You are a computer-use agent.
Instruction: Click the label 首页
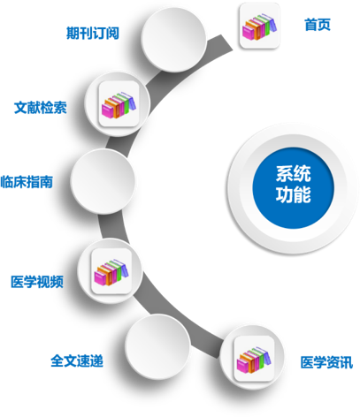click(x=318, y=25)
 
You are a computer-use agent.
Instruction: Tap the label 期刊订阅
click(x=93, y=33)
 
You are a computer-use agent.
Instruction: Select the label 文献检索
click(x=41, y=108)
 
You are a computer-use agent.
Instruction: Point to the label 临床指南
click(x=27, y=182)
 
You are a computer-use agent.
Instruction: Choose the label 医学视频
click(x=37, y=282)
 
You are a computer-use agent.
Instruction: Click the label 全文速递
click(x=77, y=360)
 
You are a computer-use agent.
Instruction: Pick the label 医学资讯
click(x=326, y=362)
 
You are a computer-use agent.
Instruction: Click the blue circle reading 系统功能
click(x=293, y=187)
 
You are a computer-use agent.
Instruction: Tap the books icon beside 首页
click(x=259, y=26)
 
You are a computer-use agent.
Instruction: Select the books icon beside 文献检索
click(x=119, y=104)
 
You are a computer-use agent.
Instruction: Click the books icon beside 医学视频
click(x=111, y=271)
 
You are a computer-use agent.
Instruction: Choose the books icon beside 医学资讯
click(x=254, y=359)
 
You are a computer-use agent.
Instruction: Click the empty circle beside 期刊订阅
click(x=173, y=40)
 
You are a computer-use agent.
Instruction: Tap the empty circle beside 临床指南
click(x=103, y=181)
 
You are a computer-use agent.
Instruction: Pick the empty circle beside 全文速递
click(x=157, y=346)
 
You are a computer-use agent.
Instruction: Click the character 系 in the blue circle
click(x=284, y=174)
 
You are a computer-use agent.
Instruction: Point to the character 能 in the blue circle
click(x=303, y=194)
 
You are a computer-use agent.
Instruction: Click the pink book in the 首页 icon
click(x=248, y=33)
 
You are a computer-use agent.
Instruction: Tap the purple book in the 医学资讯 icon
click(x=267, y=357)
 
